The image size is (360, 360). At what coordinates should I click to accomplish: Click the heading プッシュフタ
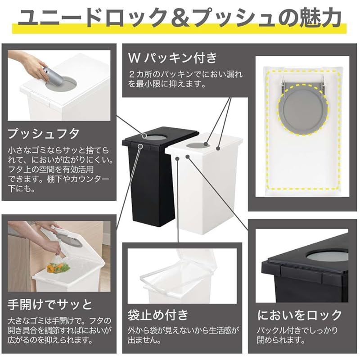click(x=44, y=133)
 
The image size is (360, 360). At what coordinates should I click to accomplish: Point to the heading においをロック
click(x=299, y=315)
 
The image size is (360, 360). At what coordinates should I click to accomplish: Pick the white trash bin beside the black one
click(x=205, y=189)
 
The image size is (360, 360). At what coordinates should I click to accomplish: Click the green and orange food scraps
click(x=60, y=268)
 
